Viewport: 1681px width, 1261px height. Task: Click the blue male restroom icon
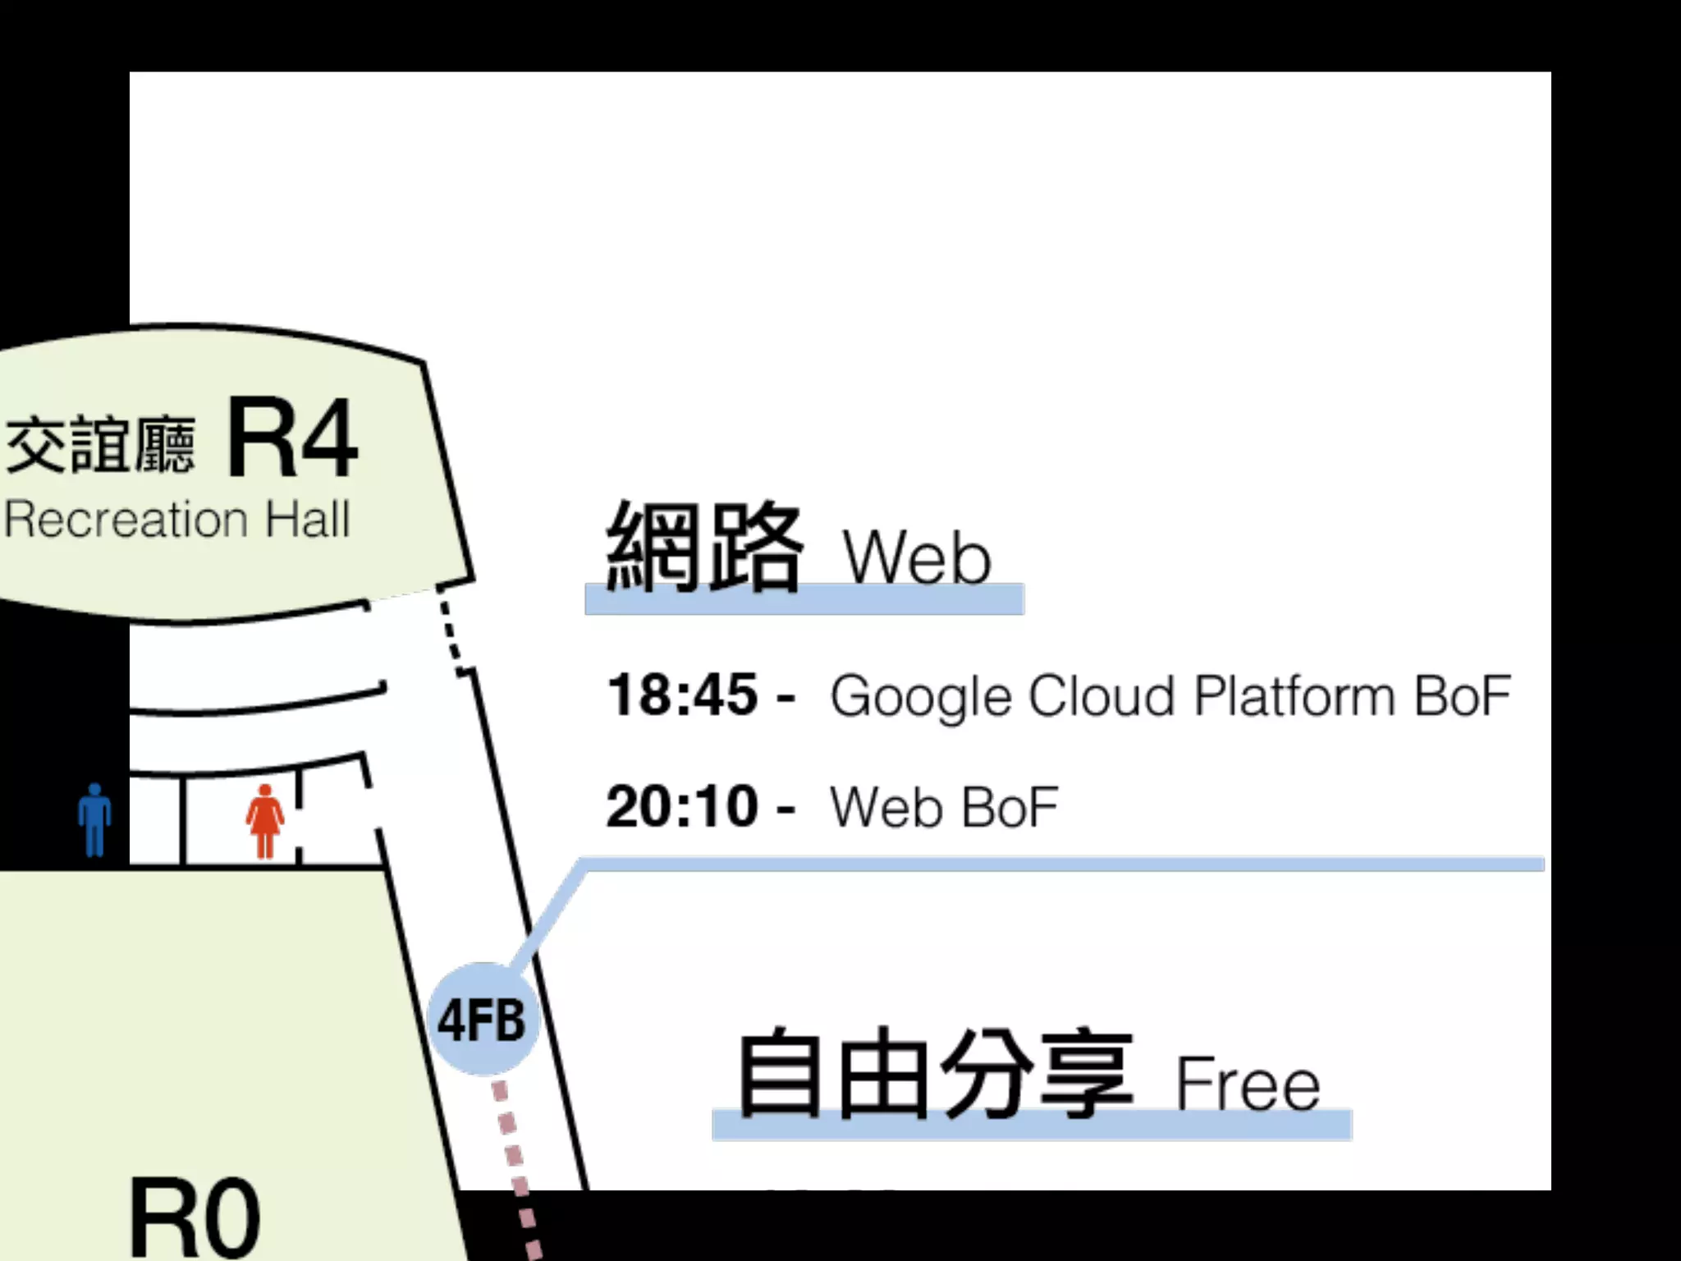pyautogui.click(x=95, y=819)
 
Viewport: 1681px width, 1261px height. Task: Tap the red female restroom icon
pyautogui.click(x=264, y=821)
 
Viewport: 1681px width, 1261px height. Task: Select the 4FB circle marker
pyautogui.click(x=482, y=1020)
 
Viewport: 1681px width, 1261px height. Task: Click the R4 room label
pyautogui.click(x=292, y=438)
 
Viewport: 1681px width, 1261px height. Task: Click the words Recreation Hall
pyautogui.click(x=177, y=520)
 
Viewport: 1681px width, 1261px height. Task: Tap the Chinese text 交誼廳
pyautogui.click(x=100, y=445)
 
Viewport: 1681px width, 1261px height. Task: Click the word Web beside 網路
pyautogui.click(x=917, y=557)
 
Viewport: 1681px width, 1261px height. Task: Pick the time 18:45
pyautogui.click(x=682, y=695)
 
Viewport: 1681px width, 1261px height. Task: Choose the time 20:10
pyautogui.click(x=682, y=806)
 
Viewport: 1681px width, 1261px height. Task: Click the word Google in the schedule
pyautogui.click(x=921, y=696)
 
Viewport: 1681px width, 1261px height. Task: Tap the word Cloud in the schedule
pyautogui.click(x=1102, y=696)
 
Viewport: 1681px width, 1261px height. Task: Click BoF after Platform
pyautogui.click(x=1463, y=696)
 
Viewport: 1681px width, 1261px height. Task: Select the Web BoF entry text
pyautogui.click(x=944, y=807)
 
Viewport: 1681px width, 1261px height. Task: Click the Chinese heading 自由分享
pyautogui.click(x=936, y=1072)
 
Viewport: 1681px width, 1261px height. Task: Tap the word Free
pyautogui.click(x=1248, y=1084)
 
